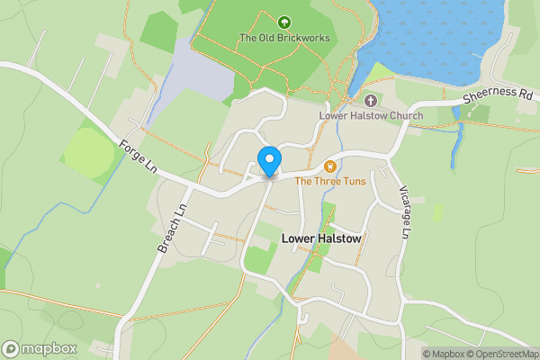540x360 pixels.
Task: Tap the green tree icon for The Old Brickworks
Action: click(x=284, y=22)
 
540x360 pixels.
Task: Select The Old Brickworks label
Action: click(x=284, y=38)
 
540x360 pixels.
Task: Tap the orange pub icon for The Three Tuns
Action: click(x=330, y=166)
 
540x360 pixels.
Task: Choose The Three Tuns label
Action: click(x=329, y=181)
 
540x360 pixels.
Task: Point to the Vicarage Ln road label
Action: click(x=404, y=213)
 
